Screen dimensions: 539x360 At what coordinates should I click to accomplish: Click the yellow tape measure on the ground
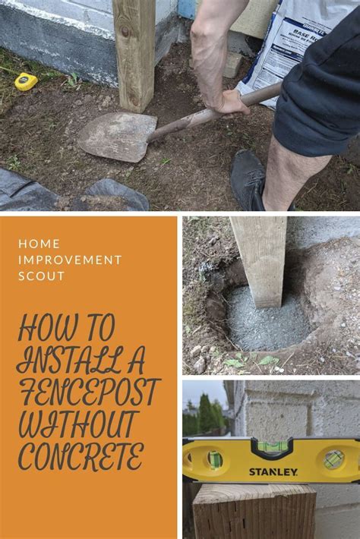26,81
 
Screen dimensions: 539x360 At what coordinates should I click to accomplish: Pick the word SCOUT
42,276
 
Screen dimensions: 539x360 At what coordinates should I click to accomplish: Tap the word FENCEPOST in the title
88,392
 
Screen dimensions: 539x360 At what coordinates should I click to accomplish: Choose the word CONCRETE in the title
81,457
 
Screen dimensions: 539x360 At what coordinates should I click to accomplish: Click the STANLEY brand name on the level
273,472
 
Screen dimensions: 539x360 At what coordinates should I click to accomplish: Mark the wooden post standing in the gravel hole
260,258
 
